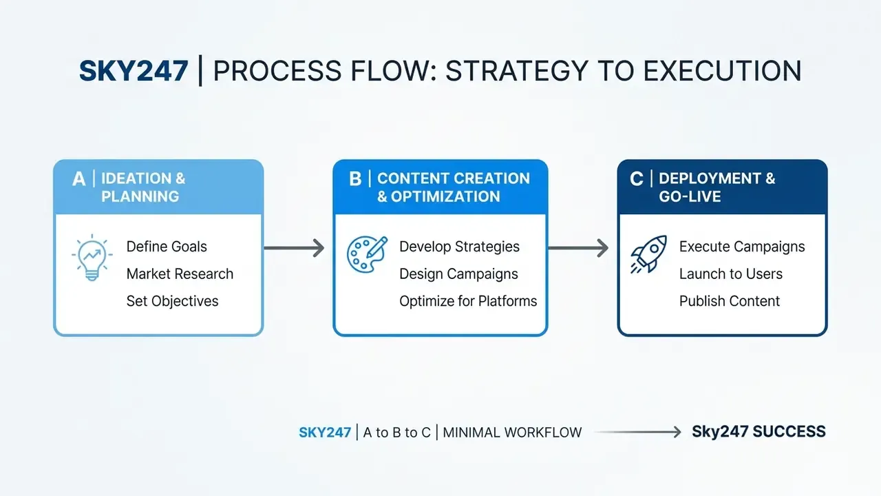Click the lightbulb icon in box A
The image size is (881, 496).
point(92,258)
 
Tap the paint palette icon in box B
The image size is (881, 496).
point(367,254)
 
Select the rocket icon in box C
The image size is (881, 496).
point(649,254)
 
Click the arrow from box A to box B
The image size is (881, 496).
point(294,248)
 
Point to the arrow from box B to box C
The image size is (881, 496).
point(578,248)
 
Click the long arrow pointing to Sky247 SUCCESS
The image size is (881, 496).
point(637,432)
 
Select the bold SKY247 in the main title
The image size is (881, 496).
point(134,71)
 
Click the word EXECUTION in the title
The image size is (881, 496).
point(722,71)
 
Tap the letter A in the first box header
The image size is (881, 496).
point(78,179)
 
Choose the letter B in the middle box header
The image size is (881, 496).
point(355,179)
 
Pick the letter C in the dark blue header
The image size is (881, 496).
point(637,179)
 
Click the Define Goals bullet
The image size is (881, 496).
point(167,247)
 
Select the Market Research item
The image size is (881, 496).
point(180,274)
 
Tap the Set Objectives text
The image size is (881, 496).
point(172,301)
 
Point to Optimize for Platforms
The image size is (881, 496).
point(468,301)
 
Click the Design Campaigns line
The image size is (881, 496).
point(458,274)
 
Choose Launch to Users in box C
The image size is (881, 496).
point(731,274)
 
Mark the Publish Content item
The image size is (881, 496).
point(729,301)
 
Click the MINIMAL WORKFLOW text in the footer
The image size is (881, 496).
point(512,433)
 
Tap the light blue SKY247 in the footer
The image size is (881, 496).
point(325,433)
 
